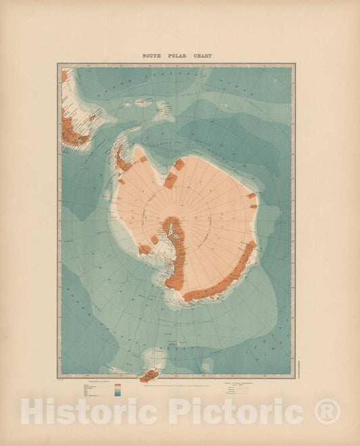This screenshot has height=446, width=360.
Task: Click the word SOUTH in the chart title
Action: [150, 56]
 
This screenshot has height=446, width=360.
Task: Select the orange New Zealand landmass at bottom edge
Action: [148, 374]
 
